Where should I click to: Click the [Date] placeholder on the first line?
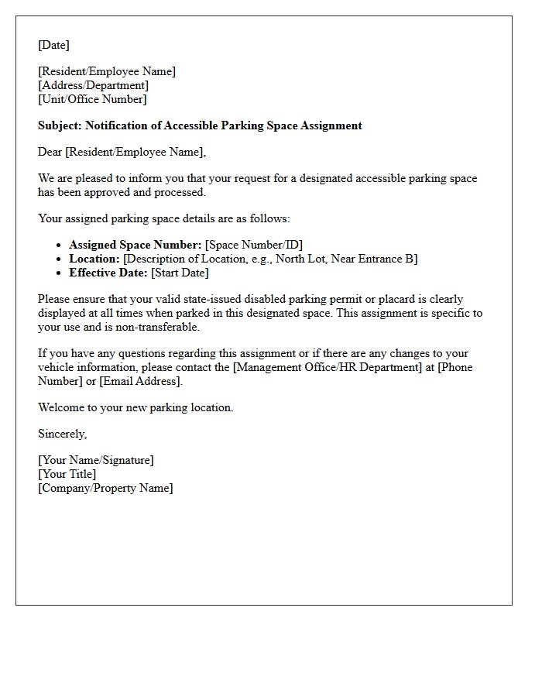(x=53, y=45)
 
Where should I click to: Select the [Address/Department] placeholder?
(x=93, y=85)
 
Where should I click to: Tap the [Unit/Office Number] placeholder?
(x=92, y=99)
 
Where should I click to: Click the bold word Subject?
(x=60, y=125)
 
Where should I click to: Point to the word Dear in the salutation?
(x=50, y=152)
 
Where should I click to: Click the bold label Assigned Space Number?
(x=135, y=245)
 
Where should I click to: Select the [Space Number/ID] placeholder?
(x=254, y=245)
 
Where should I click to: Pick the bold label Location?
(x=94, y=259)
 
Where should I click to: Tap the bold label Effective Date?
(x=108, y=273)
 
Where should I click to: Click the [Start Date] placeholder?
(x=180, y=273)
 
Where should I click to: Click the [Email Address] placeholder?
(x=141, y=381)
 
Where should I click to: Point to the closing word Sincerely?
(x=63, y=434)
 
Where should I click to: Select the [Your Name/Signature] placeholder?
(x=96, y=460)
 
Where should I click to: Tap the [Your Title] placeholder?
(x=67, y=474)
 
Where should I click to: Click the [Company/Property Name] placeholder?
(x=105, y=488)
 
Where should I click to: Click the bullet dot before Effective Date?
(x=60, y=273)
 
